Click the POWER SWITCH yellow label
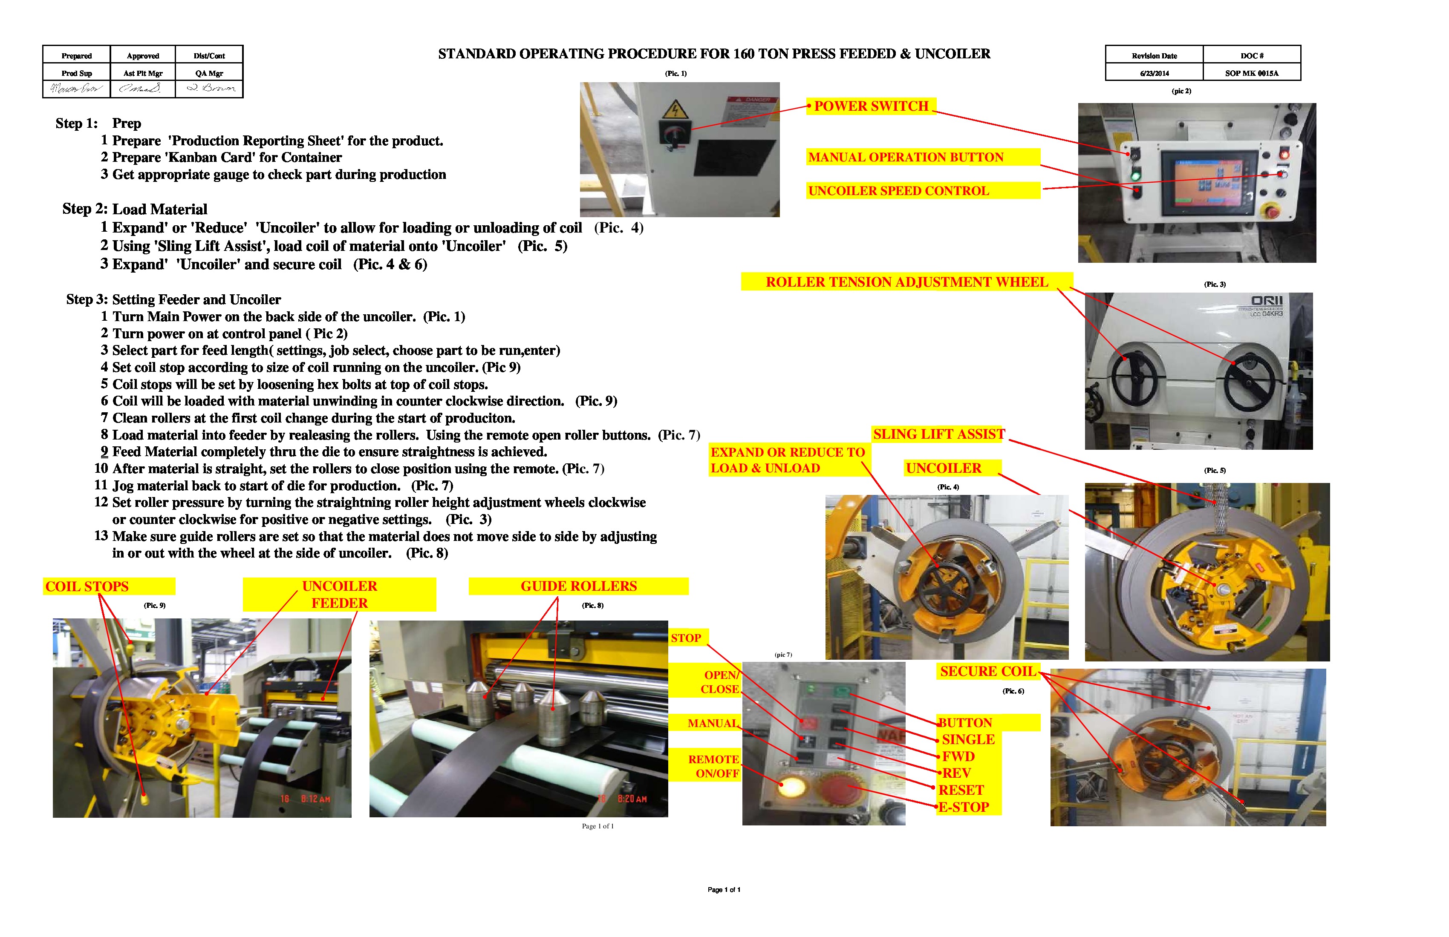(871, 106)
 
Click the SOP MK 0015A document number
(1251, 73)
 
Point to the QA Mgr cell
(209, 73)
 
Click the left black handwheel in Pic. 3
(1134, 377)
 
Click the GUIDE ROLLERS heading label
(578, 586)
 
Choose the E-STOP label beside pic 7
(964, 808)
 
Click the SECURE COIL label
(987, 672)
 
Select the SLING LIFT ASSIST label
(938, 434)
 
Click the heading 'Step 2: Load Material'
(135, 209)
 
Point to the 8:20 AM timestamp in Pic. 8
(631, 799)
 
